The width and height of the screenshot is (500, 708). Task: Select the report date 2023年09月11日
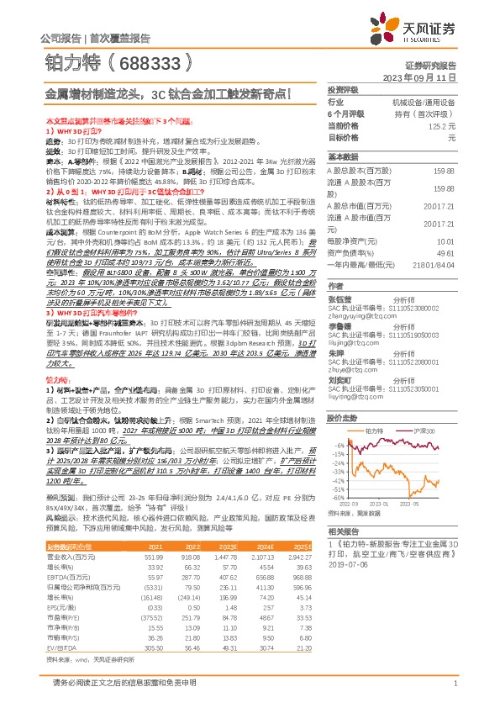click(x=418, y=77)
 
